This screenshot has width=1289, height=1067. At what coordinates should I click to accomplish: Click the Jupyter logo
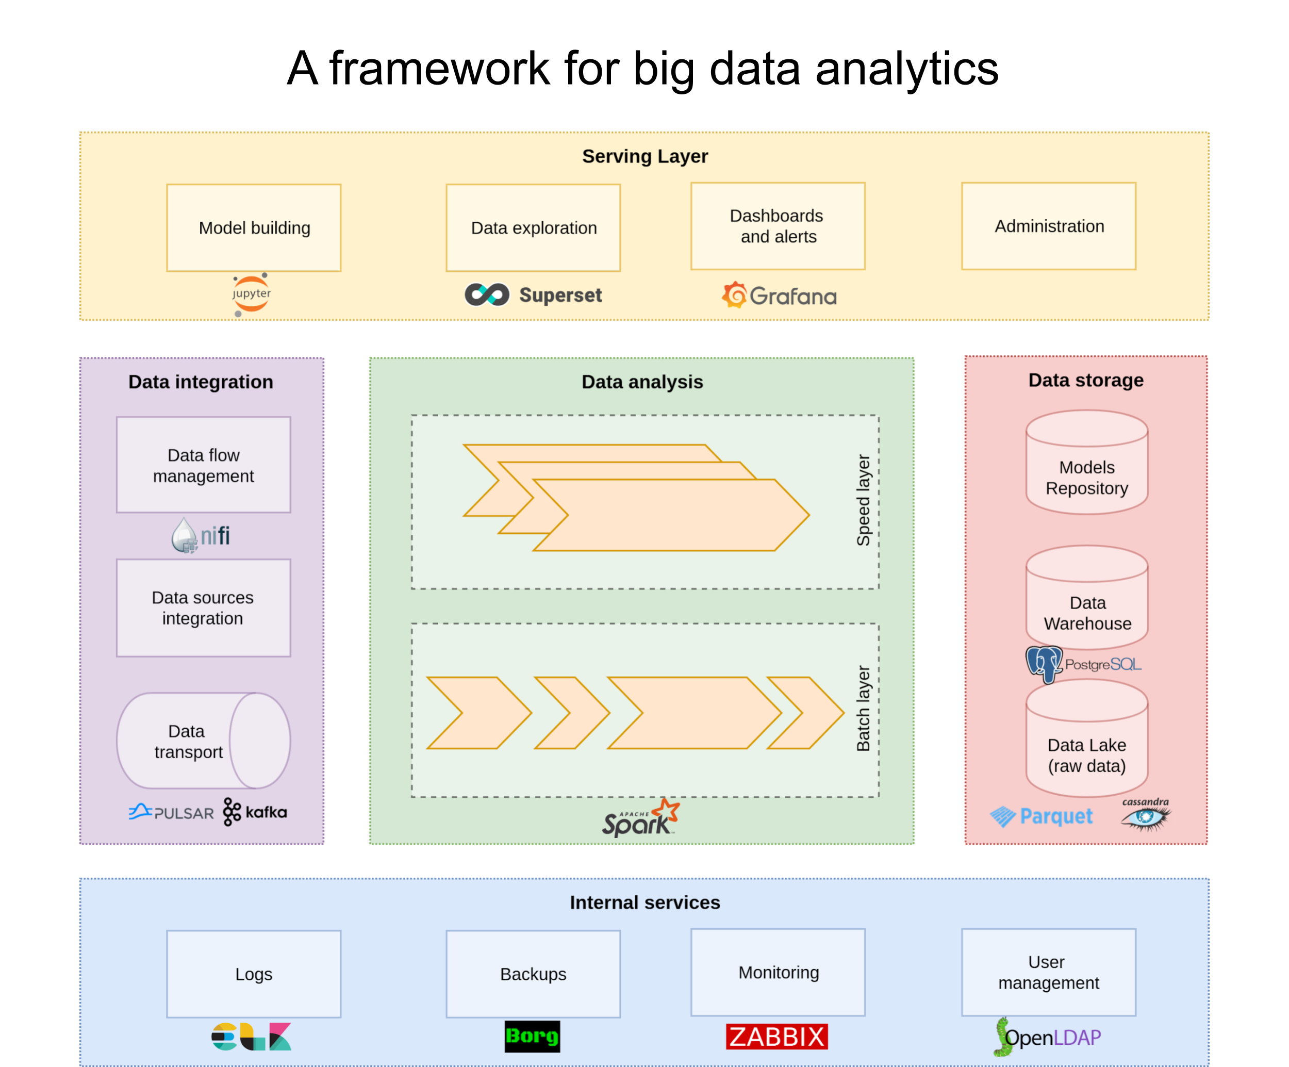click(251, 294)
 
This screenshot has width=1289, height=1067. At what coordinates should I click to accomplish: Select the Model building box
click(254, 228)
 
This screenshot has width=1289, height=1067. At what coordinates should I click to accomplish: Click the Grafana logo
click(779, 296)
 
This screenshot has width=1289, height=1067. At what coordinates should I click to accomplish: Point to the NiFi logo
click(201, 535)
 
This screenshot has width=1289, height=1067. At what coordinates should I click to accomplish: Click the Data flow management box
click(203, 465)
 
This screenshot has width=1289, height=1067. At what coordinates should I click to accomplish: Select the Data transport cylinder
click(203, 741)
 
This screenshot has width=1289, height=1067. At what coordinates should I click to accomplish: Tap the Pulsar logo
click(171, 812)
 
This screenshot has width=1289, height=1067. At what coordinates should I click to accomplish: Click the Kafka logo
click(255, 812)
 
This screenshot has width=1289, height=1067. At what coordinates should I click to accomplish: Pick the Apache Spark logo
click(640, 818)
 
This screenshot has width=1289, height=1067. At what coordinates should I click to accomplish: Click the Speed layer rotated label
click(863, 500)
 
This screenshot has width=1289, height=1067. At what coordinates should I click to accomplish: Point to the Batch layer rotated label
click(863, 709)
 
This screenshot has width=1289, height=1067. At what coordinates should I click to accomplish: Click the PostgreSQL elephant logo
click(1044, 664)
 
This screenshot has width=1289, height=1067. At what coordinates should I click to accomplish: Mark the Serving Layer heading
click(644, 157)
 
